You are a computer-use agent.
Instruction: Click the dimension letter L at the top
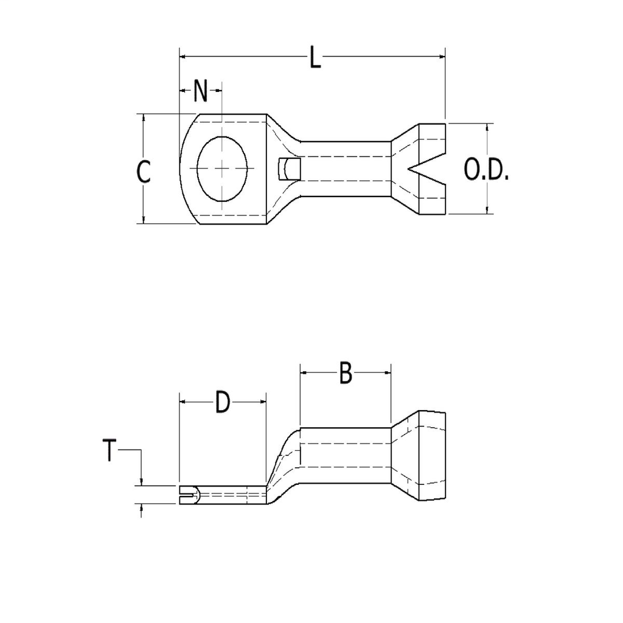click(314, 58)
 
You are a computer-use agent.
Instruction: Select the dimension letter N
click(201, 92)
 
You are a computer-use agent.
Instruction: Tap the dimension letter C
click(143, 172)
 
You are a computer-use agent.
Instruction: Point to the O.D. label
click(486, 171)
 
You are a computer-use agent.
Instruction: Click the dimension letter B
click(345, 373)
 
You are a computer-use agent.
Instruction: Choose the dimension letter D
click(223, 403)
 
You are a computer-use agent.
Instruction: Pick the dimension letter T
click(109, 451)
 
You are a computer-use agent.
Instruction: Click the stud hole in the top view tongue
click(223, 169)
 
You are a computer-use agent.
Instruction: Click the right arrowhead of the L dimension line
click(442, 57)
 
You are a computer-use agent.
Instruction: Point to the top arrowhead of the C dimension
click(144, 117)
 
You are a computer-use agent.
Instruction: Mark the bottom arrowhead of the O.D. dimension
click(488, 209)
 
